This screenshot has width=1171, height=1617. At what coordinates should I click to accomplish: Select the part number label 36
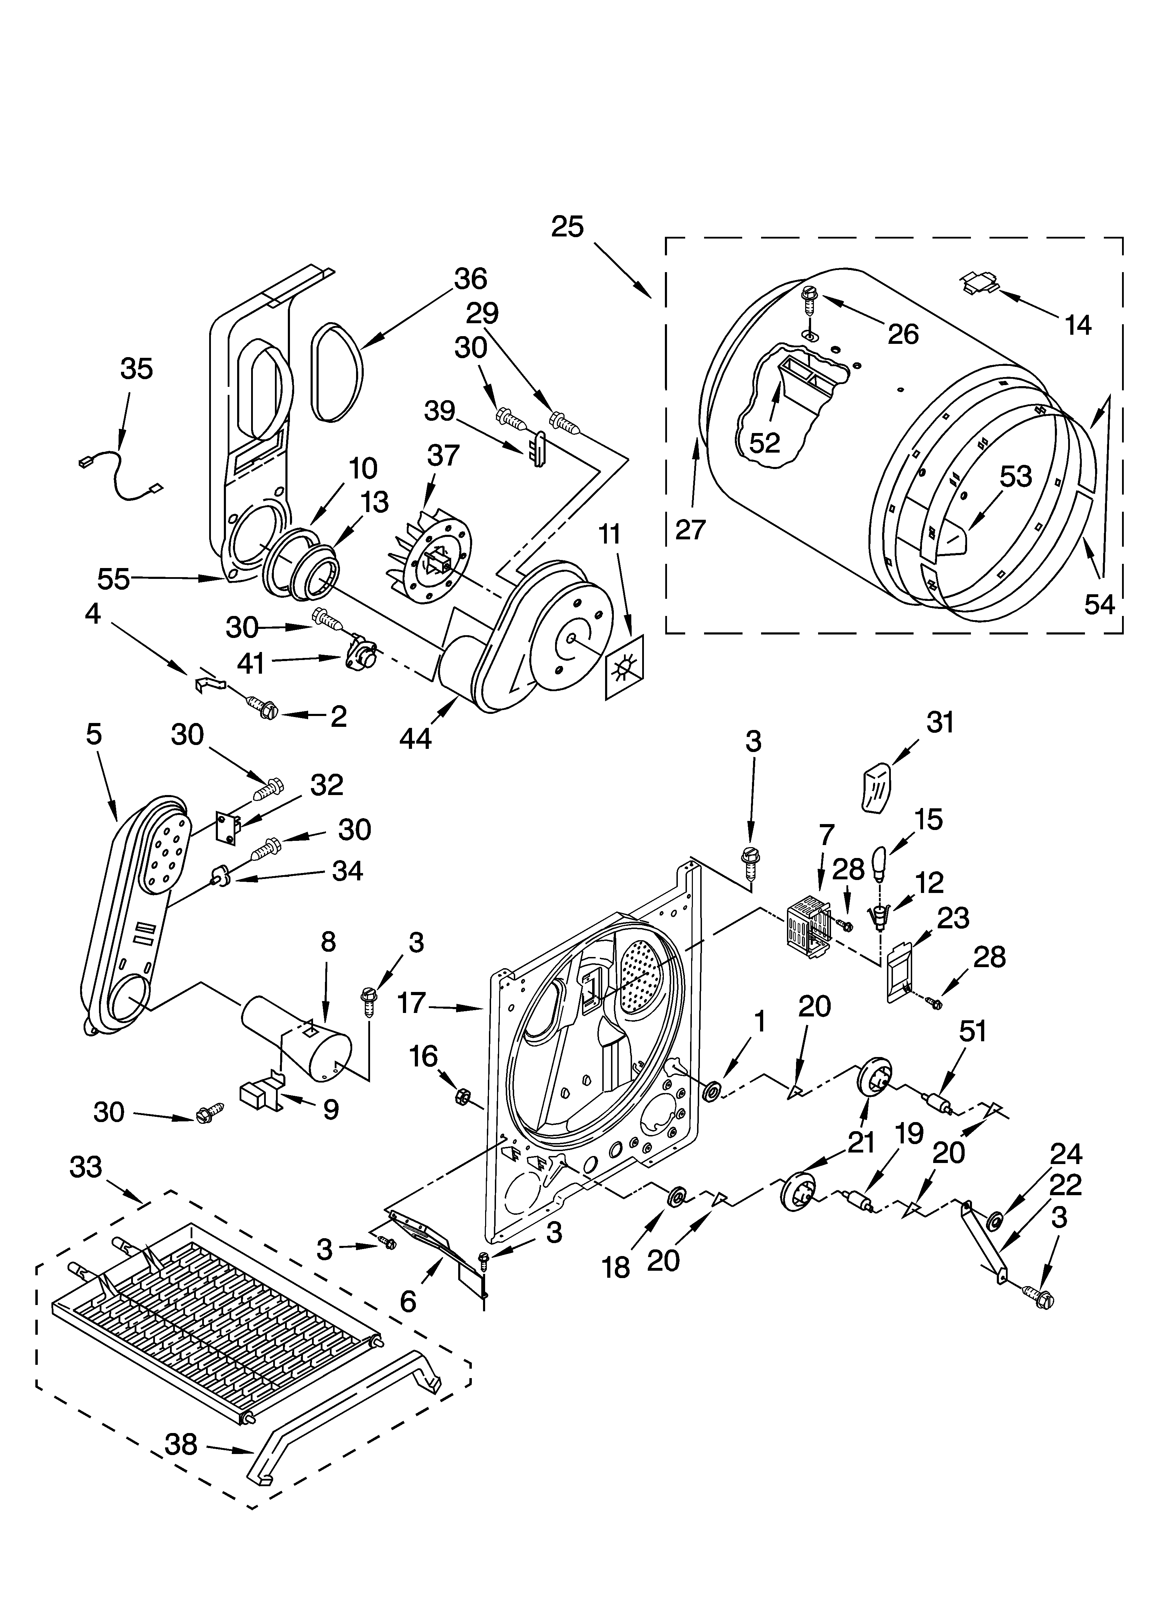pyautogui.click(x=471, y=279)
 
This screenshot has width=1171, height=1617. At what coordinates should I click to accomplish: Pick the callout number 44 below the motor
pyautogui.click(x=415, y=739)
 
